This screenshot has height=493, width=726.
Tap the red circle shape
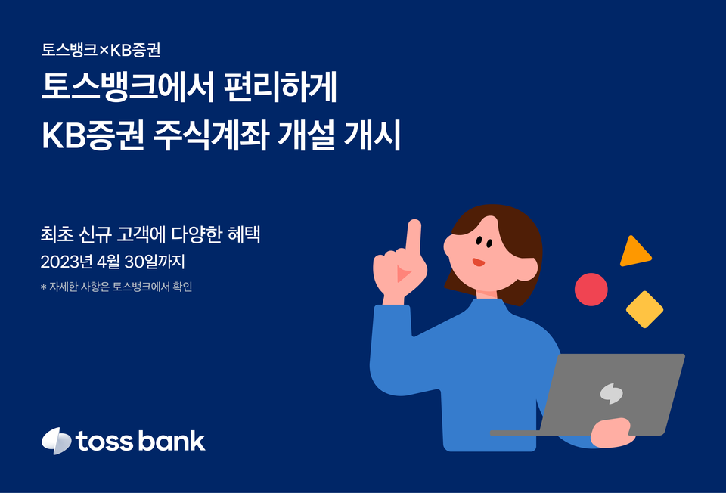point(591,290)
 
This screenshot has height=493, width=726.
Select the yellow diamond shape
point(644,309)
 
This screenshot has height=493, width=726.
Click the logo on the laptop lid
point(610,392)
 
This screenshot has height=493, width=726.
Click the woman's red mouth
point(478,262)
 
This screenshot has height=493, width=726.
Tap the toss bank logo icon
point(56,441)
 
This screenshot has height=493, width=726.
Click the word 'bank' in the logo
point(173,441)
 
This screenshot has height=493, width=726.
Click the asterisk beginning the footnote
point(43,287)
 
